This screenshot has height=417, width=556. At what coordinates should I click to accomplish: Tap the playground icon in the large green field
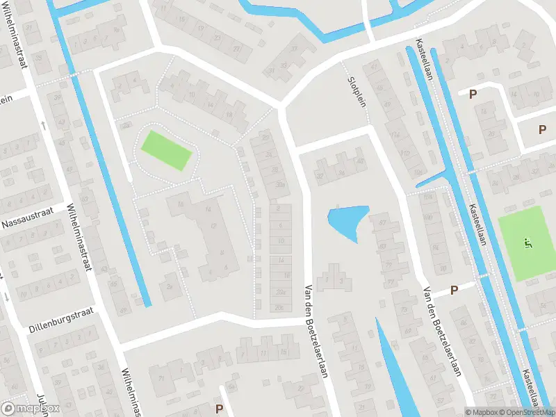tap(528, 243)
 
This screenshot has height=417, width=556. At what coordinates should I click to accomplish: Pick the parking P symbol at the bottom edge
tap(220, 409)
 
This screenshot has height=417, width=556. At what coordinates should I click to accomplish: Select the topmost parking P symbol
tap(474, 95)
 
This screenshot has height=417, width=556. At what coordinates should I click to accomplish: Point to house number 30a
tap(280, 185)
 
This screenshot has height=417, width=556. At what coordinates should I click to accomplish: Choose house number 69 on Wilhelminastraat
tap(123, 311)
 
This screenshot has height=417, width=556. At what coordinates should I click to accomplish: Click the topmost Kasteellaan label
tap(426, 58)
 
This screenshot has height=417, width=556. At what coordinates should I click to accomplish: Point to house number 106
tap(418, 172)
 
